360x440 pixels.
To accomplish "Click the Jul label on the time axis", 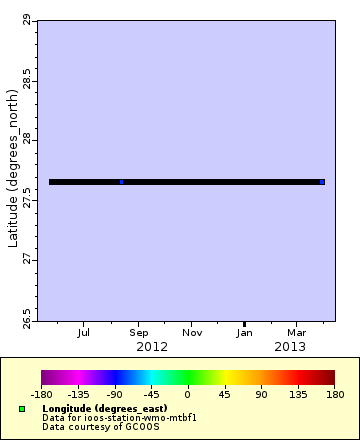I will click(84, 333).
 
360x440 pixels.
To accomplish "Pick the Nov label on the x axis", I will click(192, 333).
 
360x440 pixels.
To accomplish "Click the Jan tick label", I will click(245, 333).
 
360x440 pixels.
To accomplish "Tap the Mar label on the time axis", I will click(297, 333).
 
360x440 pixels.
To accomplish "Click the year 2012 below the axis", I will click(151, 346).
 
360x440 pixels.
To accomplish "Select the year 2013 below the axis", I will click(290, 346).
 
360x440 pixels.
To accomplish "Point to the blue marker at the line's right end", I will click(322, 182).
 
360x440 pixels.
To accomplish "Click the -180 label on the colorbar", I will click(41, 394).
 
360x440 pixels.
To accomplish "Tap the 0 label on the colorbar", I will click(187, 394).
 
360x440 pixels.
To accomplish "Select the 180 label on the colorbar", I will click(334, 394).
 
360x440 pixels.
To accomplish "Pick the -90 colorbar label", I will click(114, 394).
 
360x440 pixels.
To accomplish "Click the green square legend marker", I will click(22, 409).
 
